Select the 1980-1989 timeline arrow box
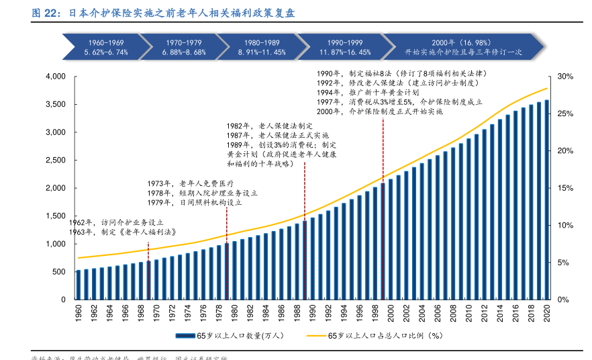click(x=262, y=47)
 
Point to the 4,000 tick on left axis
click(x=56, y=77)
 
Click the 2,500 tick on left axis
click(x=56, y=160)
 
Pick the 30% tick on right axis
click(x=564, y=77)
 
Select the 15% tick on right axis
click(x=564, y=188)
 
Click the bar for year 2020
click(x=546, y=200)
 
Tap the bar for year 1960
click(x=79, y=285)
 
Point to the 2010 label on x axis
click(x=468, y=312)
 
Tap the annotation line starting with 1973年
click(x=190, y=183)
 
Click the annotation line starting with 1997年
click(x=399, y=101)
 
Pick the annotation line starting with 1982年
click(x=269, y=126)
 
